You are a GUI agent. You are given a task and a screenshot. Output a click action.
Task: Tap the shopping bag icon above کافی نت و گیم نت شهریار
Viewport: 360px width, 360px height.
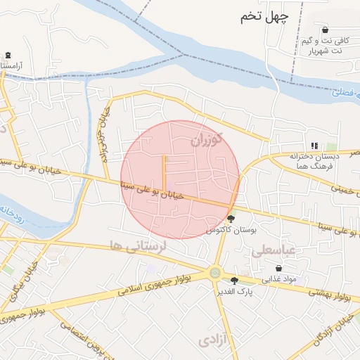[x=325, y=30]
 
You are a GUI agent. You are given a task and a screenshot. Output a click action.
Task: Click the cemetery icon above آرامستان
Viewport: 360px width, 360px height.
[x=8, y=55]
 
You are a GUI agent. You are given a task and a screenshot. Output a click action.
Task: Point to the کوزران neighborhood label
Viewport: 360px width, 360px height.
[x=205, y=140]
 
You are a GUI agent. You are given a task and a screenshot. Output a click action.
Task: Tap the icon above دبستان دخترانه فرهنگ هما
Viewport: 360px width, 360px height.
[x=314, y=146]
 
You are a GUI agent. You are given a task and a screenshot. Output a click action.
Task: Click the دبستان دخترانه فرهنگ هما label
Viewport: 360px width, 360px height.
[x=314, y=160]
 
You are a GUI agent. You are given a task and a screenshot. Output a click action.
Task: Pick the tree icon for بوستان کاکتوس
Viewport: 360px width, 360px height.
[x=231, y=219]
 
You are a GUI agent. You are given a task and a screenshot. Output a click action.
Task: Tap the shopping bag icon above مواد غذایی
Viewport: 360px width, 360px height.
[x=279, y=269]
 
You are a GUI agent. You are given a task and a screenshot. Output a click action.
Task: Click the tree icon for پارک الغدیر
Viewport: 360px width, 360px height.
[x=234, y=281]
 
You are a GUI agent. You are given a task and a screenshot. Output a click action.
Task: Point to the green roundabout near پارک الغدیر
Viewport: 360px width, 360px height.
[x=215, y=273]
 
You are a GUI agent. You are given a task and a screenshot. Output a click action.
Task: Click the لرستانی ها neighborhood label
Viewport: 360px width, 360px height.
[x=136, y=245]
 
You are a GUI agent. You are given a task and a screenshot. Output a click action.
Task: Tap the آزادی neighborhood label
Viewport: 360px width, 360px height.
[x=213, y=340]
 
